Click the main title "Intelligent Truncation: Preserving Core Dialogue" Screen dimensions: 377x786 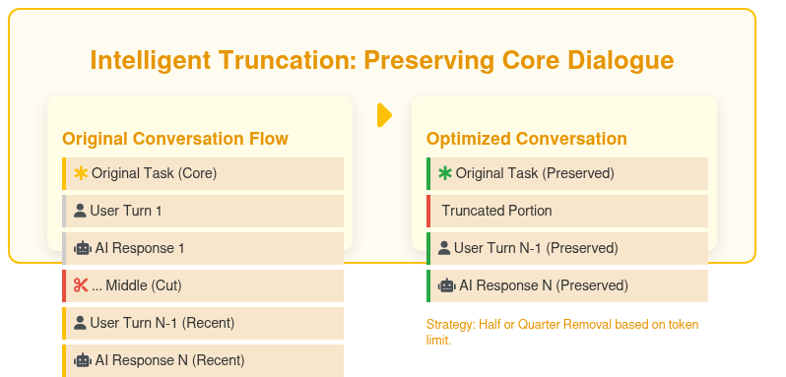tap(382, 60)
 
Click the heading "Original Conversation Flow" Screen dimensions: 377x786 tap(175, 139)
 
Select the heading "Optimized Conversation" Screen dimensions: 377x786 tap(526, 139)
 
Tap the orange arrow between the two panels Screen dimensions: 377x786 tap(384, 115)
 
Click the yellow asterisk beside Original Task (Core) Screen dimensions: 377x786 tap(81, 173)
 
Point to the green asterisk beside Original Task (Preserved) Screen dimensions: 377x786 tap(445, 173)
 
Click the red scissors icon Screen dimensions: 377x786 tap(81, 285)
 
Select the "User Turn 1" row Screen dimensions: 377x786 tap(203, 211)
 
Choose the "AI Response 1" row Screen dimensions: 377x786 tap(203, 248)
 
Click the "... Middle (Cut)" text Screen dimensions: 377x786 tap(137, 285)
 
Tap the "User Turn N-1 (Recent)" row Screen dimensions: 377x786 tap(203, 323)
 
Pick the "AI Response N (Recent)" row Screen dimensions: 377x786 tap(203, 360)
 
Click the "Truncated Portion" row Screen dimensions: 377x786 tap(567, 211)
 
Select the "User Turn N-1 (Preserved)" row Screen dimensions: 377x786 tap(567, 248)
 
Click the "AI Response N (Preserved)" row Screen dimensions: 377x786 tap(567, 285)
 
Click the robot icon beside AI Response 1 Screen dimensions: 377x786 tap(82, 248)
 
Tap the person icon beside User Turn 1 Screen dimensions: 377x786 tap(81, 211)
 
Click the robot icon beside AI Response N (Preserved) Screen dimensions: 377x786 tap(446, 285)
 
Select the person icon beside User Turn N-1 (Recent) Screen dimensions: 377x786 tap(81, 323)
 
